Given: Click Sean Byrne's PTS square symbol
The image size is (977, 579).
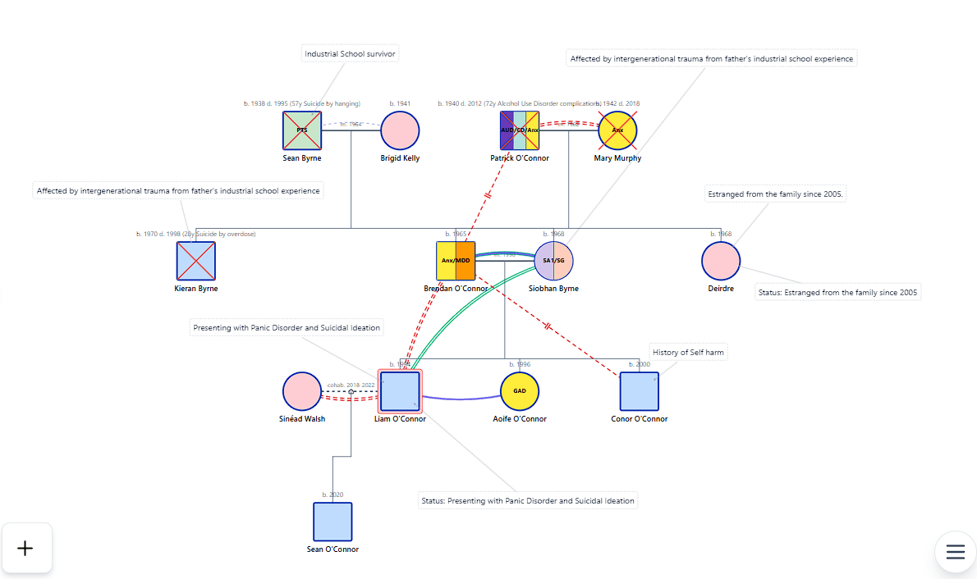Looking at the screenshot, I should coord(302,130).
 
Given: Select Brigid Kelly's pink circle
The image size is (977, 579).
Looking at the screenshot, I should coord(400,130).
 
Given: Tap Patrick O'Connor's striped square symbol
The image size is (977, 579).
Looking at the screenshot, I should coord(520,130).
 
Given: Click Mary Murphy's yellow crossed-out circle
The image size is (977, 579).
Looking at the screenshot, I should coord(617,130).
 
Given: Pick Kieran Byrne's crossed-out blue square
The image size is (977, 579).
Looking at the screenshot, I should coord(196,261).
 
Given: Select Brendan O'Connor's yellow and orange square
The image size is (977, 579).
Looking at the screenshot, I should coord(456,261).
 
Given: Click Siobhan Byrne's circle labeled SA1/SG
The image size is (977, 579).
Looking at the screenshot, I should coord(553,261).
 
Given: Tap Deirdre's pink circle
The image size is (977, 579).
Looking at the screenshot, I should coord(721,261).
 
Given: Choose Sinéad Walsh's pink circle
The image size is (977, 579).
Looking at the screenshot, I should coord(302,391).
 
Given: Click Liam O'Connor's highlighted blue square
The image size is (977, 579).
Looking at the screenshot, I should coord(400,391).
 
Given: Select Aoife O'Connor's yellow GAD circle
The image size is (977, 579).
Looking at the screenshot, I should coord(520,391).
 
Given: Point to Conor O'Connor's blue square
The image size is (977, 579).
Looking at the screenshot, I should coord(639,391).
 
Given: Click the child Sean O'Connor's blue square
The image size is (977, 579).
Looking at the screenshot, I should coord(333,522).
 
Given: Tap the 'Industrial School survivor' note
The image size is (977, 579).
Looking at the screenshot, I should coord(351,54).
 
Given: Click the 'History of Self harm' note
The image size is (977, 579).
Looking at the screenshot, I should coord(688,353).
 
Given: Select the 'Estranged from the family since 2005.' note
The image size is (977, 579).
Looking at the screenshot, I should coord(776,194).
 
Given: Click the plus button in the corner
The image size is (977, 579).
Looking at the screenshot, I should coord(25,548).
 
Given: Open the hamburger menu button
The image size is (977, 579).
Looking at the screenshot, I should coord(955,552).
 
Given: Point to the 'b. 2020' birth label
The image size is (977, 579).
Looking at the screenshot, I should coord(333,495).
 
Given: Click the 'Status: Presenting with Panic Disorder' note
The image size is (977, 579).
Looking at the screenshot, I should coord(527,500).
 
